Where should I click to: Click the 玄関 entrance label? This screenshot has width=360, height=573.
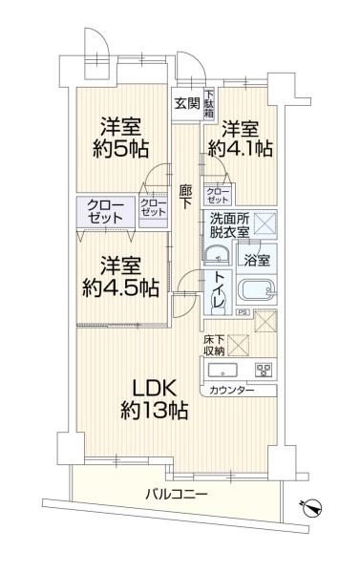click(x=186, y=104)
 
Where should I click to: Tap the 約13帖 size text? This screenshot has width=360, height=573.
click(x=153, y=412)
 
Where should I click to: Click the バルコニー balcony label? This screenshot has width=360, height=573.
click(x=177, y=494)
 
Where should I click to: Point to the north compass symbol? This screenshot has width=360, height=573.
click(x=308, y=508)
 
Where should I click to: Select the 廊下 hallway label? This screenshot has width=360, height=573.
click(x=185, y=196)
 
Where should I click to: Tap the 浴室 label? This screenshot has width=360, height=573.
click(x=255, y=259)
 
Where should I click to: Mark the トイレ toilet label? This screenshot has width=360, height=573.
click(x=218, y=289)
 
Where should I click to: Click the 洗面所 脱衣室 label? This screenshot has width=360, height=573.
click(x=229, y=225)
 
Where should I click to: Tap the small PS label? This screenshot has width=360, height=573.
click(x=244, y=310)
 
